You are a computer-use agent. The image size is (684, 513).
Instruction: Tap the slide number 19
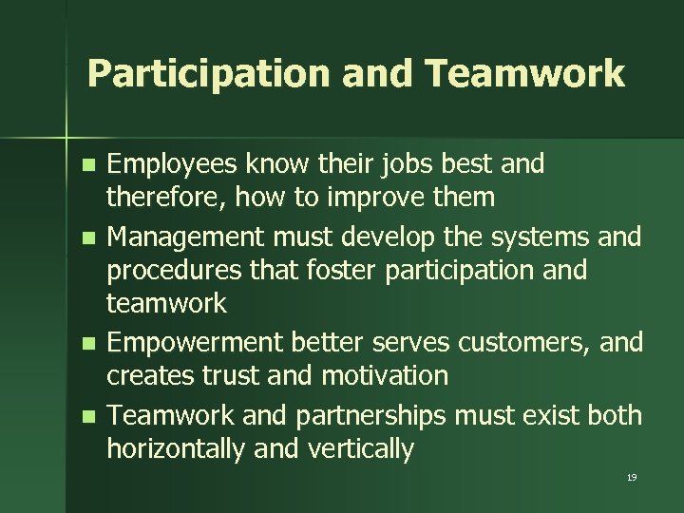[632, 477]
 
